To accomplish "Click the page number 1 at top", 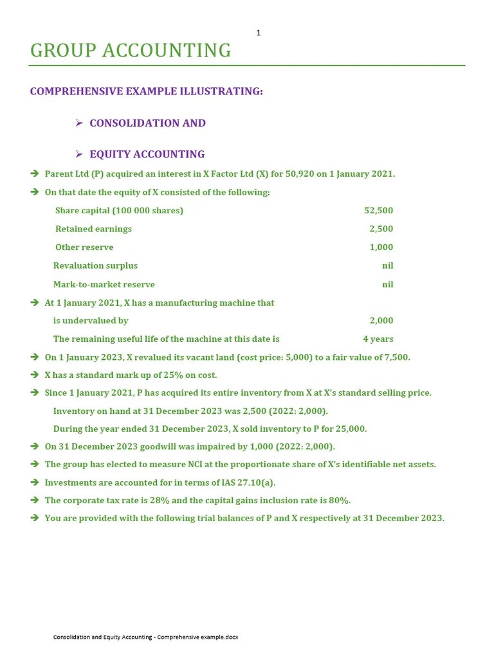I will [x=259, y=33].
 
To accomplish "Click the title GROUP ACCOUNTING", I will [x=131, y=51].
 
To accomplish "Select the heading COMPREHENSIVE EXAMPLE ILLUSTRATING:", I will [x=147, y=91].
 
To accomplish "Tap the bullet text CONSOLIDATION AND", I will [x=147, y=123].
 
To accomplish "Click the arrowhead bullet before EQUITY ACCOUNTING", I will [x=79, y=154].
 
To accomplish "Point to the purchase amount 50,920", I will [x=301, y=174].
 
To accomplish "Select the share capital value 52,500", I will [x=378, y=211].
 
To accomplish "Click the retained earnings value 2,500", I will [x=381, y=229].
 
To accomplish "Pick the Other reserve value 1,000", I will [x=381, y=247].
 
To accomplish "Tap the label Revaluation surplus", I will [x=95, y=265].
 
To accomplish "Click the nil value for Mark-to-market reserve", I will [x=387, y=284].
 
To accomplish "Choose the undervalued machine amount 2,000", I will [x=381, y=321].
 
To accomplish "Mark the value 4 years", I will [x=378, y=339].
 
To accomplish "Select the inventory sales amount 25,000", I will [x=352, y=429].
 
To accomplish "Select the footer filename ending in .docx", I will [x=145, y=637].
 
